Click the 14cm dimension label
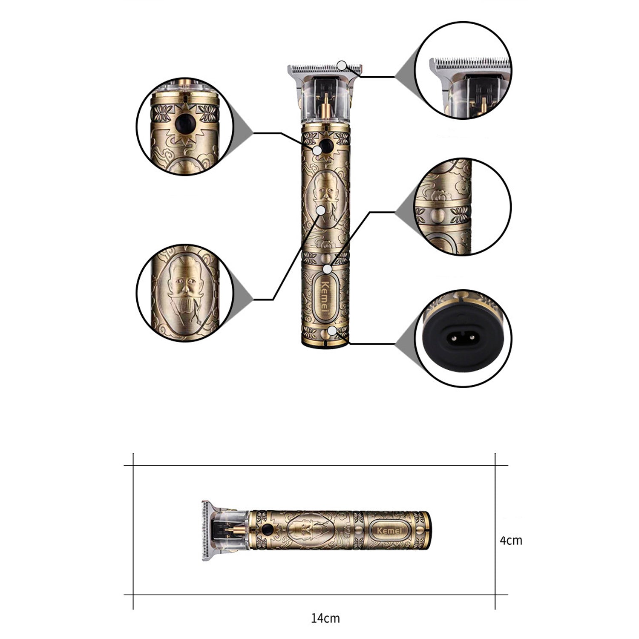click(325, 618)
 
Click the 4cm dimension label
click(511, 541)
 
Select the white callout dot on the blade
click(342, 65)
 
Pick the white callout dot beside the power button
click(317, 150)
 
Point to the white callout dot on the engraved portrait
click(321, 210)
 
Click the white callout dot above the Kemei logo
click(327, 269)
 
